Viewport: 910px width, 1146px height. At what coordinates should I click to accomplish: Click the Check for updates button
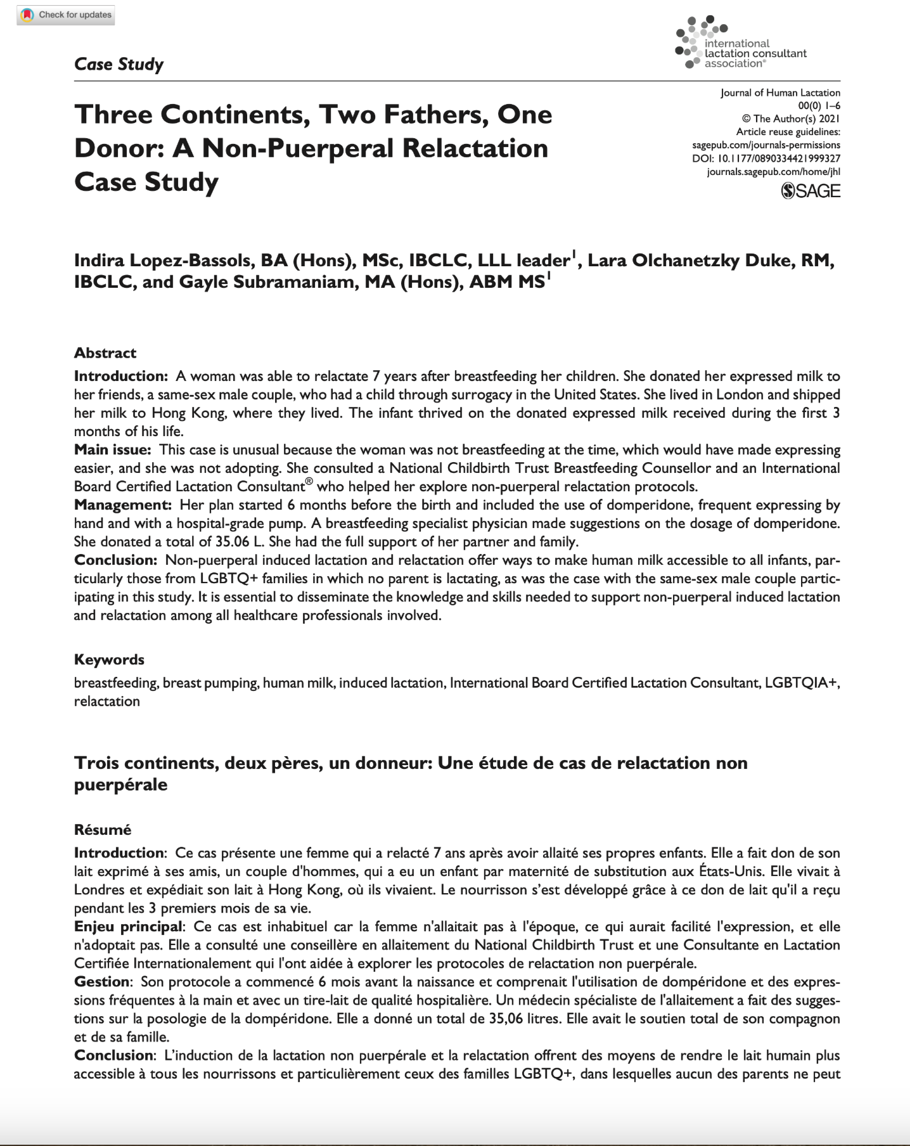pos(67,15)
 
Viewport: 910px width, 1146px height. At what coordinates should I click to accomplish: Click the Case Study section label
pos(119,64)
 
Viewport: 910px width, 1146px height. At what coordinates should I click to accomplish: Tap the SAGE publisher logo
pos(811,191)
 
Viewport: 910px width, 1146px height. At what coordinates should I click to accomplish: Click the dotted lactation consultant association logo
pos(701,42)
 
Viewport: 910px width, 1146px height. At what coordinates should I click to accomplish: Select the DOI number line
pos(766,158)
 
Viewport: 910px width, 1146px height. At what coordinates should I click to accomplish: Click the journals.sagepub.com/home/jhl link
pos(773,172)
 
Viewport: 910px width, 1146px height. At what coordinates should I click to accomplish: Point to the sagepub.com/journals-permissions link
pos(766,145)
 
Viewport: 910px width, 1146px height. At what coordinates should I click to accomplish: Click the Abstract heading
pos(105,353)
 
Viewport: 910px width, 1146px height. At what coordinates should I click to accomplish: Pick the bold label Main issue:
pos(112,450)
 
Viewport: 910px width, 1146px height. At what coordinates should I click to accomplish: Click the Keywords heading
pos(109,660)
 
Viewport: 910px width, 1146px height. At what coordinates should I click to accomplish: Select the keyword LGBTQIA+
pos(802,683)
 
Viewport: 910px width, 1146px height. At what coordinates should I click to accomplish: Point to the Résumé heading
pos(103,830)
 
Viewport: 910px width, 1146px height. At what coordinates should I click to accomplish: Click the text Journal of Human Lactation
pos(780,93)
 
